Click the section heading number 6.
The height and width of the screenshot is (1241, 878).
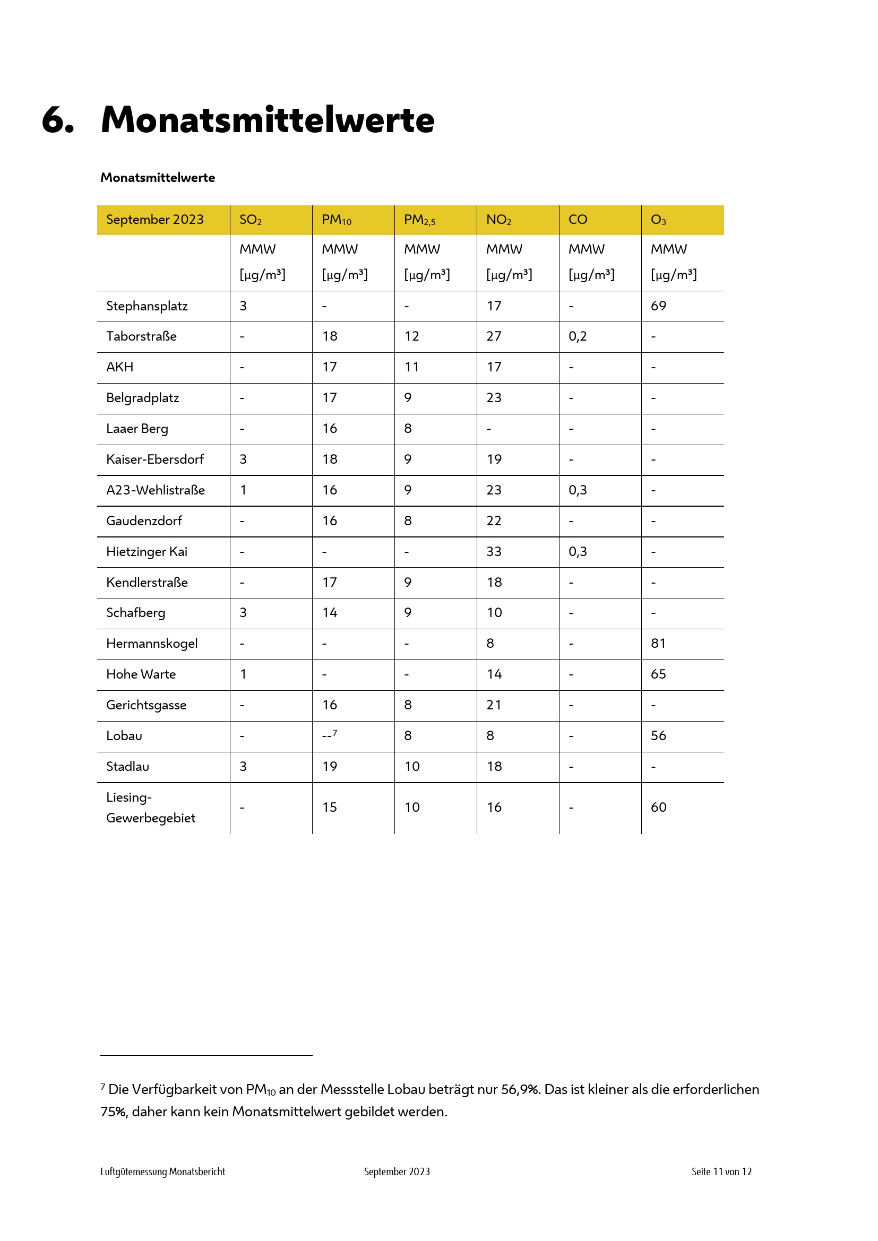58,119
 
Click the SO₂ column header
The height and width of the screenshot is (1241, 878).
251,220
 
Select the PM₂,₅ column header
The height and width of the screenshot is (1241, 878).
419,220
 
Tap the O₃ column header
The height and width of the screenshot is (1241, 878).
658,220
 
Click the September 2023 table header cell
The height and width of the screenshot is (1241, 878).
154,220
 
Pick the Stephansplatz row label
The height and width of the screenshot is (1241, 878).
147,306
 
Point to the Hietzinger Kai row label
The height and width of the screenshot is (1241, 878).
147,552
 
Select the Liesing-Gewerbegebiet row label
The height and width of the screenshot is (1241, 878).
151,808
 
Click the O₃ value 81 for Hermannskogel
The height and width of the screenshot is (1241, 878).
658,644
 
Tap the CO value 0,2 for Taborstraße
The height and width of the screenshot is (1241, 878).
578,336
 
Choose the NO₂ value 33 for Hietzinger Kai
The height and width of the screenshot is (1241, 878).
494,552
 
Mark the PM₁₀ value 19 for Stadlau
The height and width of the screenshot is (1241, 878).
330,767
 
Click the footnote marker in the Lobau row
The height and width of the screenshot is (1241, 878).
334,733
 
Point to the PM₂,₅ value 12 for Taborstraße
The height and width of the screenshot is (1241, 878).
412,336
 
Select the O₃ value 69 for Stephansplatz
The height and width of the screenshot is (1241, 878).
658,306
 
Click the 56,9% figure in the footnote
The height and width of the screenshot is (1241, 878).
520,1090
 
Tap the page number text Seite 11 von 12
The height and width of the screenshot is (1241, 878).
721,1172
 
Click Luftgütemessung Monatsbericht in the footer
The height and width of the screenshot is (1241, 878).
163,1172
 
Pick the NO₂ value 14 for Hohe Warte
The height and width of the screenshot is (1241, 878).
494,674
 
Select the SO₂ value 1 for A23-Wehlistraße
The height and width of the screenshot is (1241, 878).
243,490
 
